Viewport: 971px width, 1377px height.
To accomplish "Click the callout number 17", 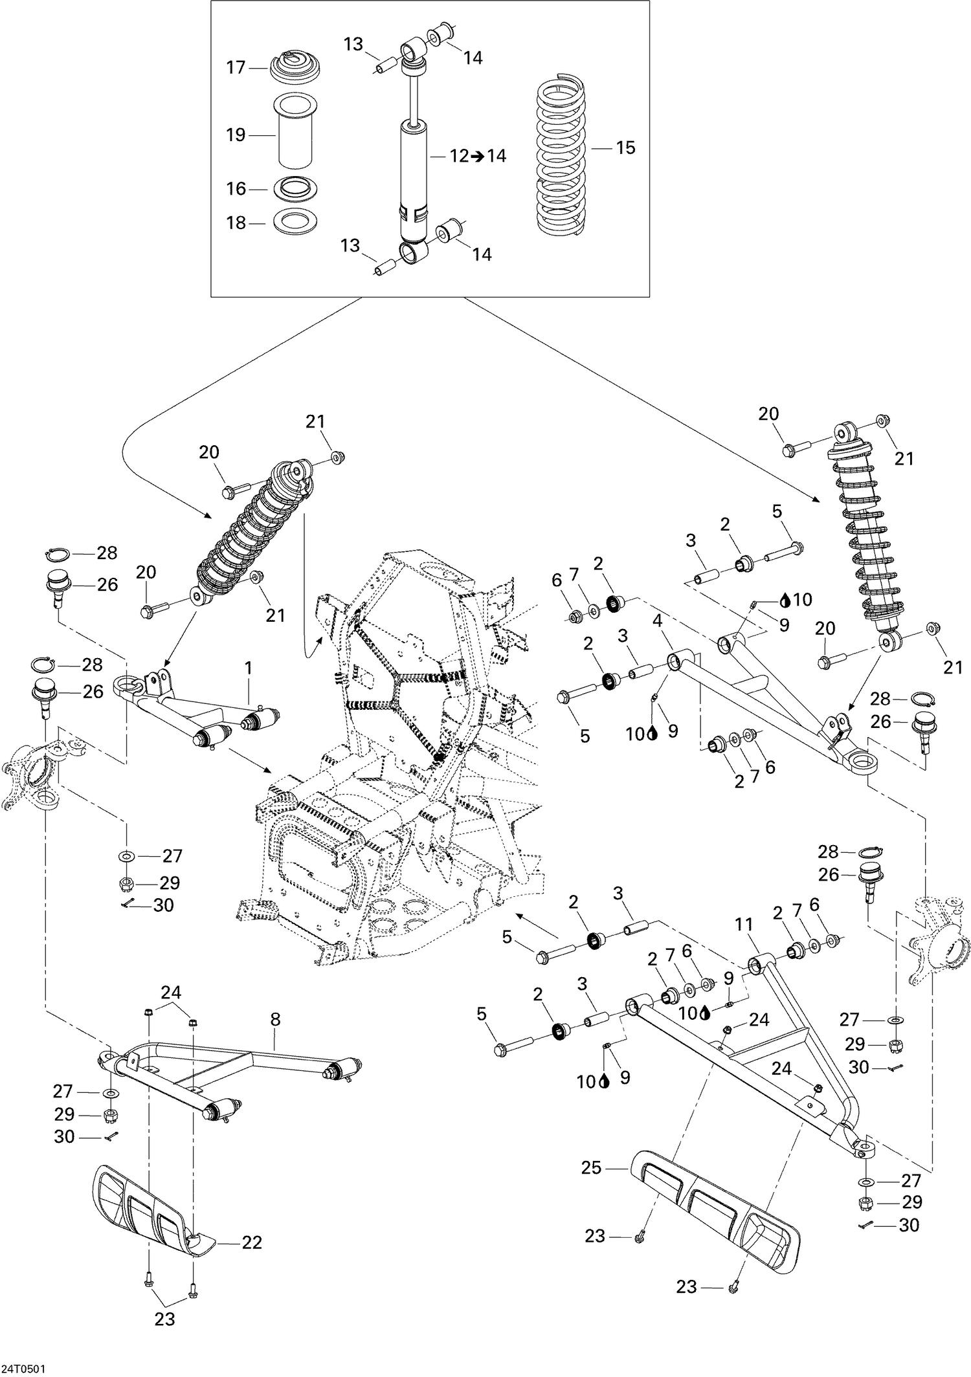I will [x=236, y=67].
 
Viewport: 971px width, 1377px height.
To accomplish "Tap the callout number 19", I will [x=236, y=135].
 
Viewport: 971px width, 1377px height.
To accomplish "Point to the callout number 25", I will [x=591, y=1168].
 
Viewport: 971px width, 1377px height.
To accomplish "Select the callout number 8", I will [x=275, y=1020].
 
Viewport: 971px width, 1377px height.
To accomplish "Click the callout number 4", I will [x=657, y=621].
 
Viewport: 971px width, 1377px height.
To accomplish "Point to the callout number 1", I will [x=249, y=667].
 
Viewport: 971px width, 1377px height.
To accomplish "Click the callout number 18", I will [x=236, y=223].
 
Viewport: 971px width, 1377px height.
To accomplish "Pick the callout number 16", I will [x=236, y=188].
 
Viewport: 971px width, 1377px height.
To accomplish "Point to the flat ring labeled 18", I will [x=295, y=223].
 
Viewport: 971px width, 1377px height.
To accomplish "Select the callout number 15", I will [x=625, y=148].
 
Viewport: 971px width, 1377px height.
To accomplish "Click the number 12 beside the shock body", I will [x=459, y=157].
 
